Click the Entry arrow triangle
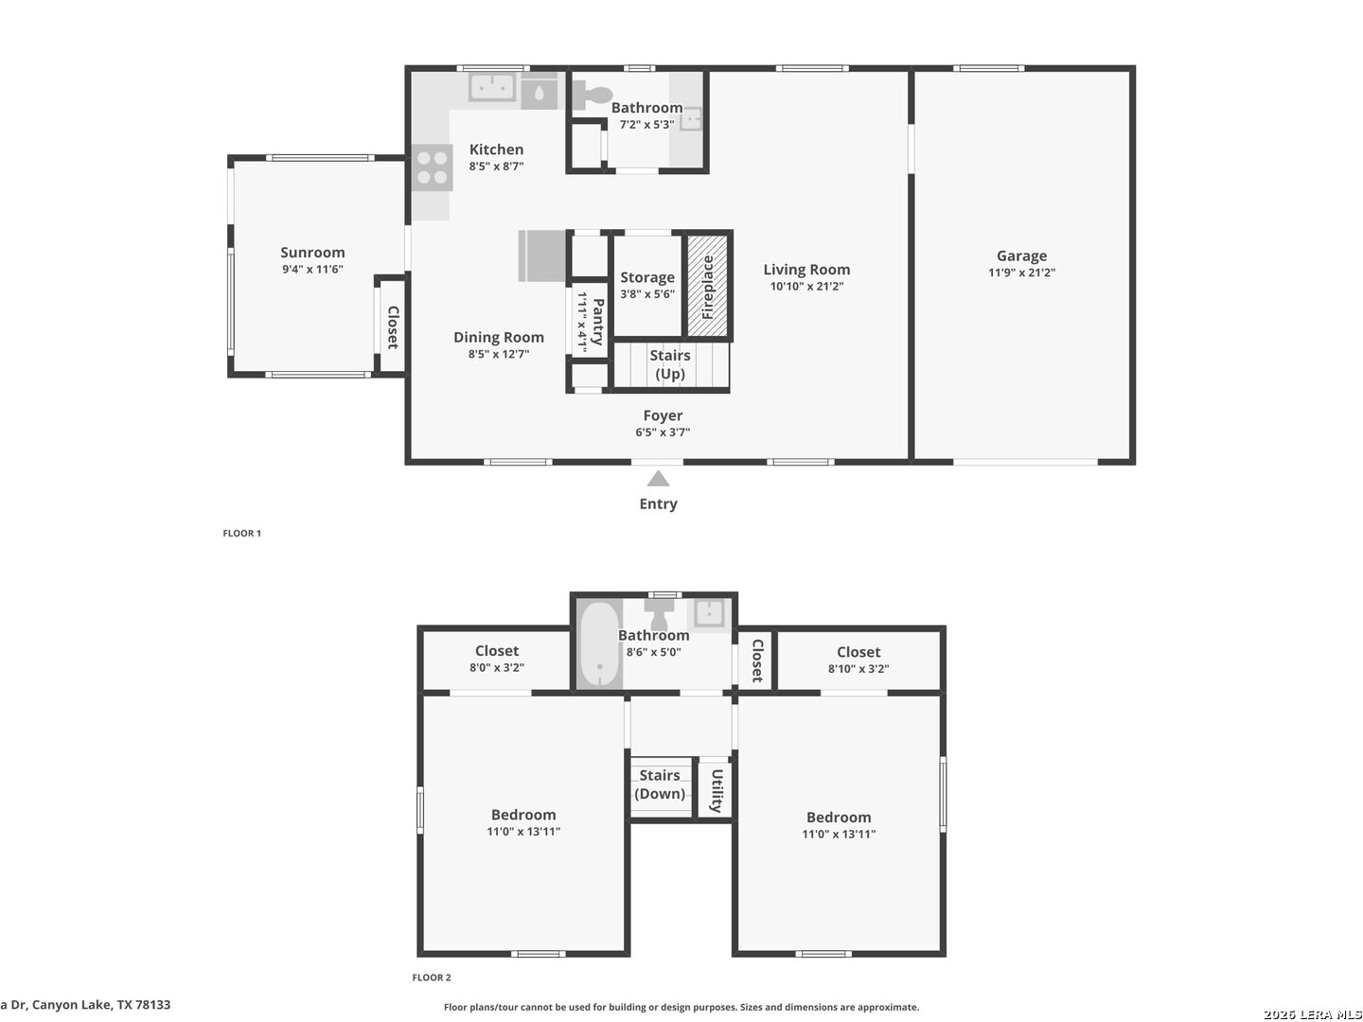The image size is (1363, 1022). pos(658,479)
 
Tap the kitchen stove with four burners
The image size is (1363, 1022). pos(433,167)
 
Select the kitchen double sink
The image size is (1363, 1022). pos(492,87)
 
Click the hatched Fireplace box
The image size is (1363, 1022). pos(707,286)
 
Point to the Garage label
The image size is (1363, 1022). pos(1021,255)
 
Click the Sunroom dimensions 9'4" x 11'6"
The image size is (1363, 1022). pos(312,270)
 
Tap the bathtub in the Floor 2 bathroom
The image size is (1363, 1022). pos(599,644)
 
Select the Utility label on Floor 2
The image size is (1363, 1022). pos(716,790)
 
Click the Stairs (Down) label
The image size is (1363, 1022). pos(660,784)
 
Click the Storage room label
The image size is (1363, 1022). pos(647,277)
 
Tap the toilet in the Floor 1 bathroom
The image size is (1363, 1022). pos(592,95)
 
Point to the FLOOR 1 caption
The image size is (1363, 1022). pos(242,533)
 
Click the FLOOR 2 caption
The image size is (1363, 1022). pos(432,978)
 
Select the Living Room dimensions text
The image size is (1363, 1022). pos(806,286)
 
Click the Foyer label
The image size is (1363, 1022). pos(663,415)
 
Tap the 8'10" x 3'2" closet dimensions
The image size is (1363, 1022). pos(859,668)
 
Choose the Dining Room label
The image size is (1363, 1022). pos(499,338)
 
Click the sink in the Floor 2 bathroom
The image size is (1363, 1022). pos(709,613)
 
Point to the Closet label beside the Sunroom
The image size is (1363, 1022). pos(393,327)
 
